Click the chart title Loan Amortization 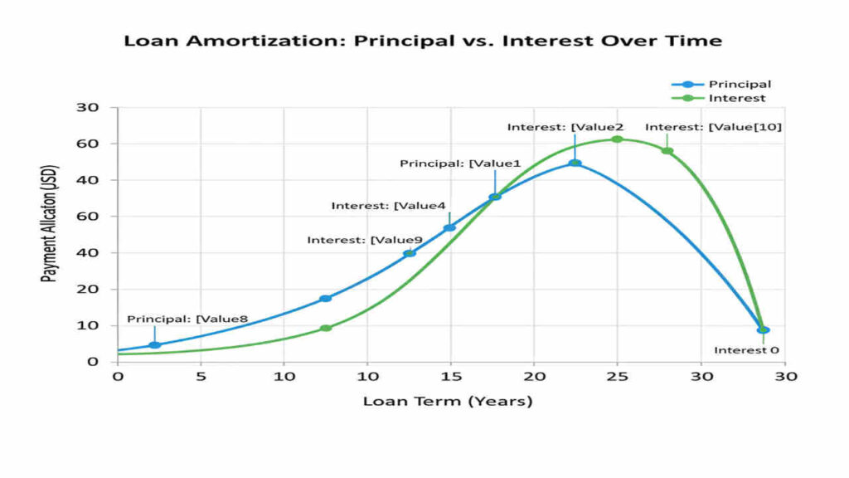tap(423, 41)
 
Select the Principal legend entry tap(739, 84)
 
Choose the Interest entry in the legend tap(736, 98)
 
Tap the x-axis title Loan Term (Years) tap(448, 402)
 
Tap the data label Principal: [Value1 tap(460, 163)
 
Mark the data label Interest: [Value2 tap(565, 127)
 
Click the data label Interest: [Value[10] tap(713, 127)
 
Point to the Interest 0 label tap(746, 350)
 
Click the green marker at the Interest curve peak tap(617, 139)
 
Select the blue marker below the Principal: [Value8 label tap(154, 344)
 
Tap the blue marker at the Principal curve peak tap(575, 163)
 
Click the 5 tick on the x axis tap(201, 376)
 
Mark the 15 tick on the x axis tap(450, 376)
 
